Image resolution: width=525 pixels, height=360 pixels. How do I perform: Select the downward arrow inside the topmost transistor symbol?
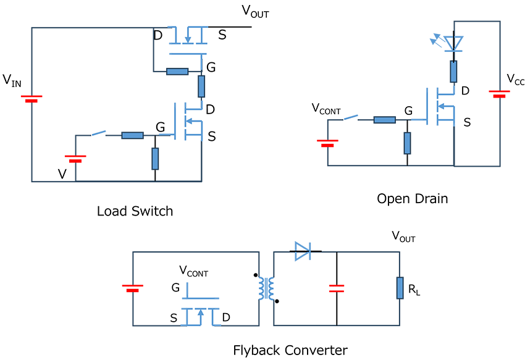click(x=187, y=40)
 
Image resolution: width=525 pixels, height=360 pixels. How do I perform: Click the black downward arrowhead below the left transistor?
click(x=156, y=176)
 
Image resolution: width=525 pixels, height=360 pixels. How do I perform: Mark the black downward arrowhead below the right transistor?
click(x=407, y=161)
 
